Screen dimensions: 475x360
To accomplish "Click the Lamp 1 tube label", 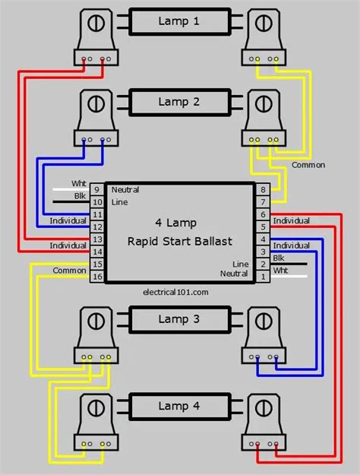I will click(179, 21).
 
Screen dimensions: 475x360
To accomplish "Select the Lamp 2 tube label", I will click(179, 101).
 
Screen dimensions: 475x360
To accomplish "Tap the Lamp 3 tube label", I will click(179, 319).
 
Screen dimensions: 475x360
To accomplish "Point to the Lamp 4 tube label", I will click(179, 407).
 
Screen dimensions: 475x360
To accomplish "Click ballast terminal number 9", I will click(96, 188).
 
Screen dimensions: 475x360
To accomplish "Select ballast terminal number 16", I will click(96, 277).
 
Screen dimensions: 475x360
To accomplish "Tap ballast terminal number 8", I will click(263, 188).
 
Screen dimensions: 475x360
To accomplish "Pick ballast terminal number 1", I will click(263, 277).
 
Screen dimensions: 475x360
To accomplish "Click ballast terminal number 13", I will click(96, 239).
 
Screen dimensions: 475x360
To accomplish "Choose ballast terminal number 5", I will click(263, 226).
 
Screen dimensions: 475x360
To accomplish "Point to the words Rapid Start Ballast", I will click(179, 241).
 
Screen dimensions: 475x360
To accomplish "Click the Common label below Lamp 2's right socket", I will click(308, 165).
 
